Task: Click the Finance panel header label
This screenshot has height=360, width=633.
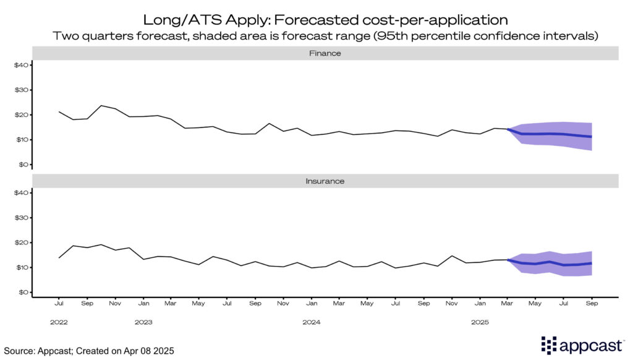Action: click(325, 53)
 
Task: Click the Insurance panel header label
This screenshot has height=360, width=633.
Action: click(325, 181)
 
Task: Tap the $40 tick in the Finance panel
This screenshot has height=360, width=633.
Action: click(21, 65)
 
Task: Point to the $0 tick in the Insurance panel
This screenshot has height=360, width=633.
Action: click(23, 292)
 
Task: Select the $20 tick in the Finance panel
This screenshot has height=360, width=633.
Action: click(21, 115)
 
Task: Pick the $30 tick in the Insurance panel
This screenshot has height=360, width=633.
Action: click(21, 218)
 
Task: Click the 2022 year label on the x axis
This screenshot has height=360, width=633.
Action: click(59, 322)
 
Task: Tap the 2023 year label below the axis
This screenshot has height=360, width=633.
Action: click(143, 322)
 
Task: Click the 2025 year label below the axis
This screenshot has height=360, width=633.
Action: click(480, 322)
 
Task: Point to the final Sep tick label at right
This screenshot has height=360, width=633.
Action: click(592, 304)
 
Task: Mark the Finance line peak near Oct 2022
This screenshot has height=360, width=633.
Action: click(101, 106)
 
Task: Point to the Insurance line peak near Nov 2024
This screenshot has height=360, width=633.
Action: click(452, 255)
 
